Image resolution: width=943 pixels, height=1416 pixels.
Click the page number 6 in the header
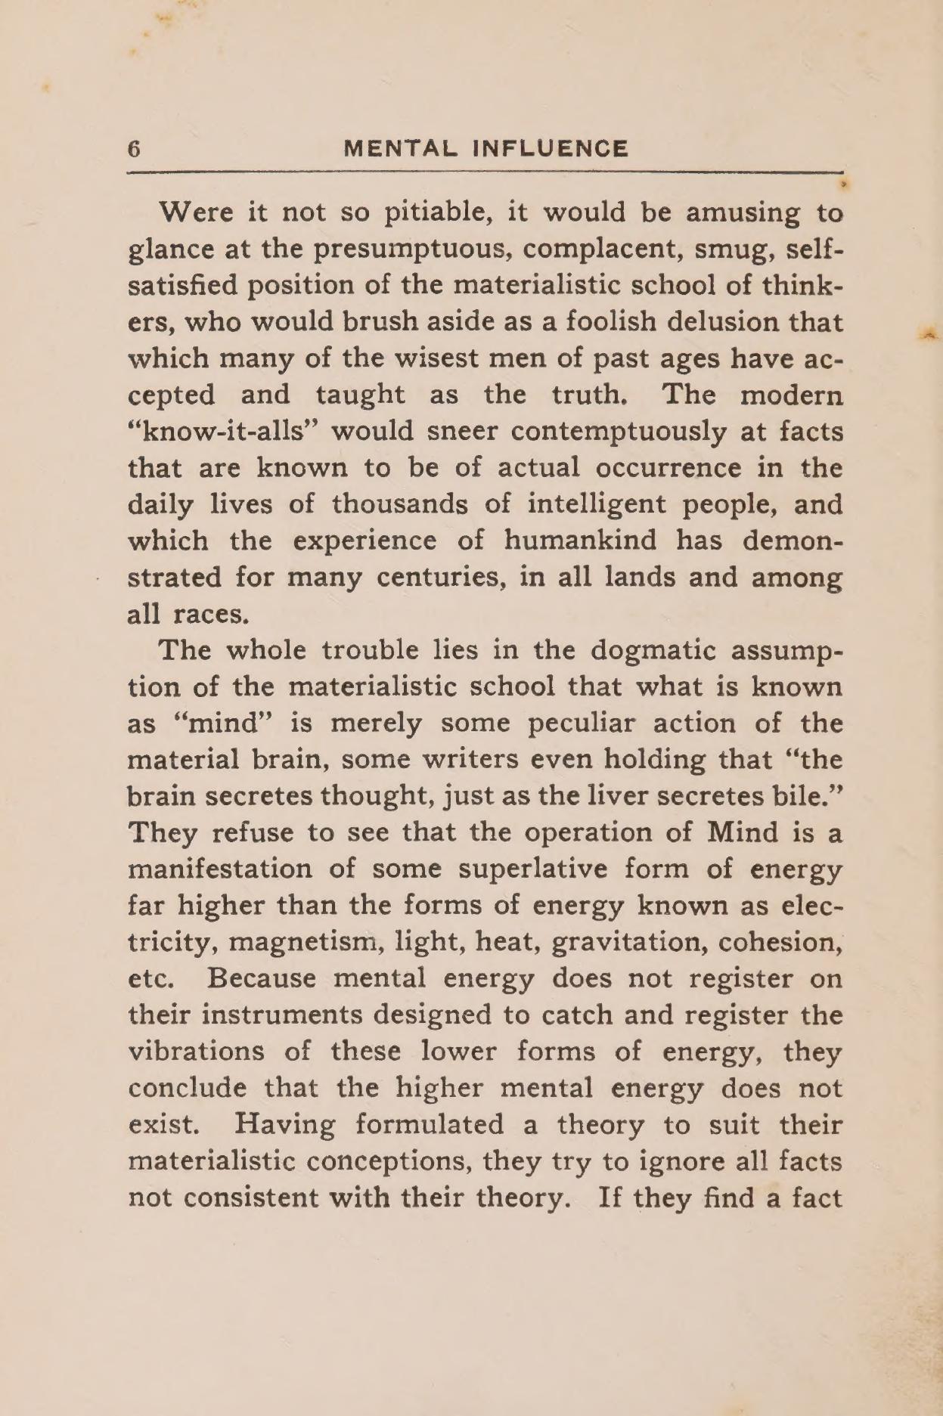[135, 149]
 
